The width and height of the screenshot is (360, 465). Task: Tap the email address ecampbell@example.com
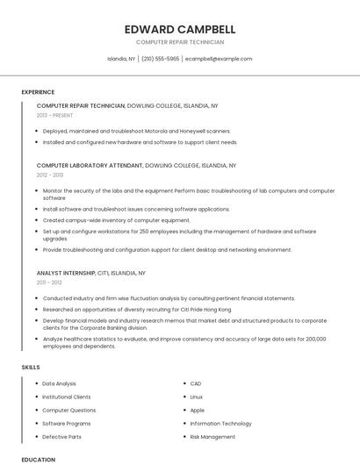[219, 59]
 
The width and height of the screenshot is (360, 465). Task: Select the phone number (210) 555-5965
[160, 59]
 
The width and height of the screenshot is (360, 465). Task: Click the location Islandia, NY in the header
[121, 59]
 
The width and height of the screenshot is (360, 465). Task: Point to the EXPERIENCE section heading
[38, 92]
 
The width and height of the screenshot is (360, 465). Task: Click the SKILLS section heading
[31, 367]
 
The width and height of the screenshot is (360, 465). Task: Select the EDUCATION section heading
[38, 459]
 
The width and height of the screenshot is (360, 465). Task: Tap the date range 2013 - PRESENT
[54, 115]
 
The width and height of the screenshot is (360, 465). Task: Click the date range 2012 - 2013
[50, 175]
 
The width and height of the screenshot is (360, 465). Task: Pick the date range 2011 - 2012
[49, 283]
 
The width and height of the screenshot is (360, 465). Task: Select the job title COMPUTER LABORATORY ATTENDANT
[90, 165]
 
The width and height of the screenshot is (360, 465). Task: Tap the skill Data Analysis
[59, 383]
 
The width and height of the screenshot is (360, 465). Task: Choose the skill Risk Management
[212, 436]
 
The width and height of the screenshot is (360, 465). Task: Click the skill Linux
[197, 397]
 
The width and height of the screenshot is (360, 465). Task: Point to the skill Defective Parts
[61, 436]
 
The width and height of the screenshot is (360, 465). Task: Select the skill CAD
[196, 383]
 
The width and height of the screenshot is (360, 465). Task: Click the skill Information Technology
[220, 423]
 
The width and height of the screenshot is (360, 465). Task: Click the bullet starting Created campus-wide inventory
[116, 220]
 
